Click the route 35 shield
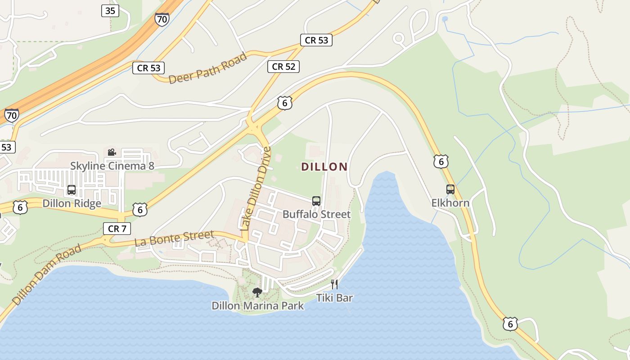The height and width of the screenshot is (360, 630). [110, 11]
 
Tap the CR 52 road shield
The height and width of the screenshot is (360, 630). [283, 67]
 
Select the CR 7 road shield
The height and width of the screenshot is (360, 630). [117, 229]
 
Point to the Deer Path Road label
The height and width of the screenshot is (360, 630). [208, 68]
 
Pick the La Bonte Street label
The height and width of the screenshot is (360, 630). [174, 238]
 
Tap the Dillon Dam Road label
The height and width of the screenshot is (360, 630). [47, 274]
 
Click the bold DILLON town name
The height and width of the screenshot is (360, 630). [324, 167]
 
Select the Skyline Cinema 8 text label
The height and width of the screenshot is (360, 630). [112, 166]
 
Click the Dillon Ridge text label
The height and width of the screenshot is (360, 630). [72, 203]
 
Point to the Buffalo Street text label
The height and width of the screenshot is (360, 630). [316, 214]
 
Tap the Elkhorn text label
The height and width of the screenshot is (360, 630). [450, 203]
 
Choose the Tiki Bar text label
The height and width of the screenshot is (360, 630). [334, 297]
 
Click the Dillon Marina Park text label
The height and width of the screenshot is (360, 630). [257, 306]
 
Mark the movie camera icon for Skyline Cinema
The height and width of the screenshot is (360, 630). [112, 153]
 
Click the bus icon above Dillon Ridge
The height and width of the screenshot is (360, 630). [72, 190]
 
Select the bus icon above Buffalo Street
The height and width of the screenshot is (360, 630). [316, 201]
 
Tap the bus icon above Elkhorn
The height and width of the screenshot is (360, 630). [450, 189]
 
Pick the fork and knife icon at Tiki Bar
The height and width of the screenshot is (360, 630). [334, 284]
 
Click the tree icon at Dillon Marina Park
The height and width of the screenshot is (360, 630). [257, 292]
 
